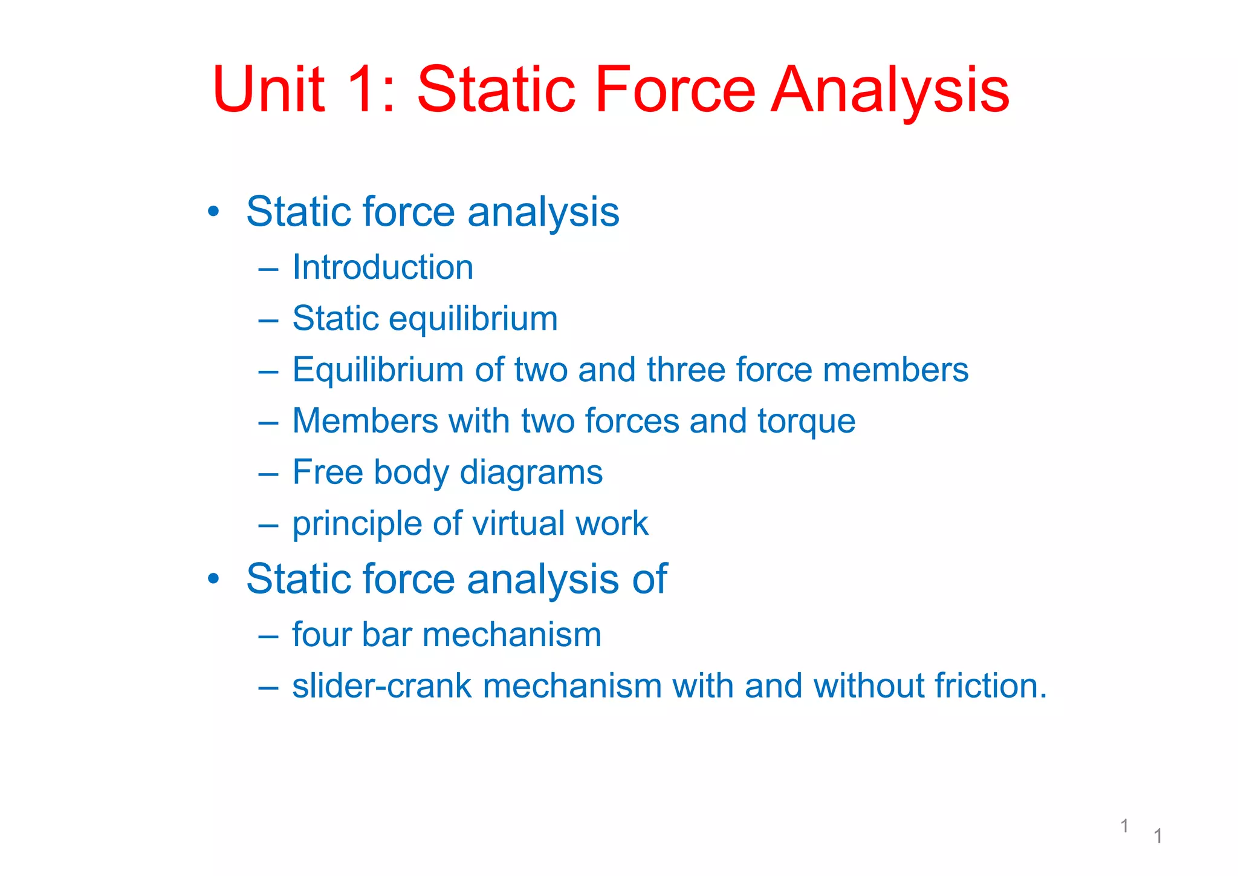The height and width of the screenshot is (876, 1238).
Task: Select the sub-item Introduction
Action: [x=383, y=267]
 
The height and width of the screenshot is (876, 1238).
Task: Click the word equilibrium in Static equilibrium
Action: [x=473, y=319]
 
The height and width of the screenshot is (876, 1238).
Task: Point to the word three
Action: [x=685, y=370]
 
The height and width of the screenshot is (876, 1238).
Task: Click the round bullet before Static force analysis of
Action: [x=213, y=580]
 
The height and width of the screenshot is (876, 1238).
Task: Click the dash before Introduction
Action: [x=268, y=268]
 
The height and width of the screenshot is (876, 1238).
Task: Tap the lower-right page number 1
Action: [x=1158, y=836]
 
